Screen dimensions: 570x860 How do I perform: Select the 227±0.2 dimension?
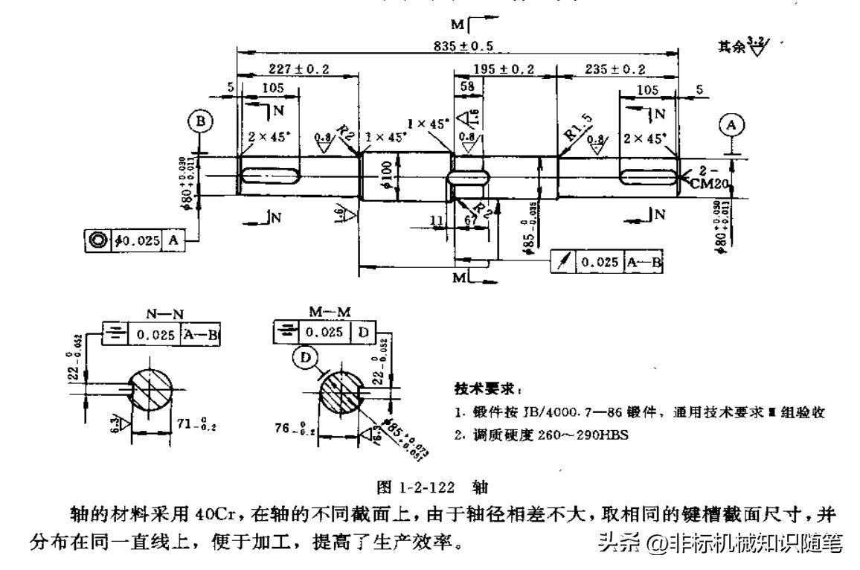pos(298,69)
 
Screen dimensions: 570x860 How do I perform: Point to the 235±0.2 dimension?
pos(617,69)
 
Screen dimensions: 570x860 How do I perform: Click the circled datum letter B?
pos(202,121)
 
